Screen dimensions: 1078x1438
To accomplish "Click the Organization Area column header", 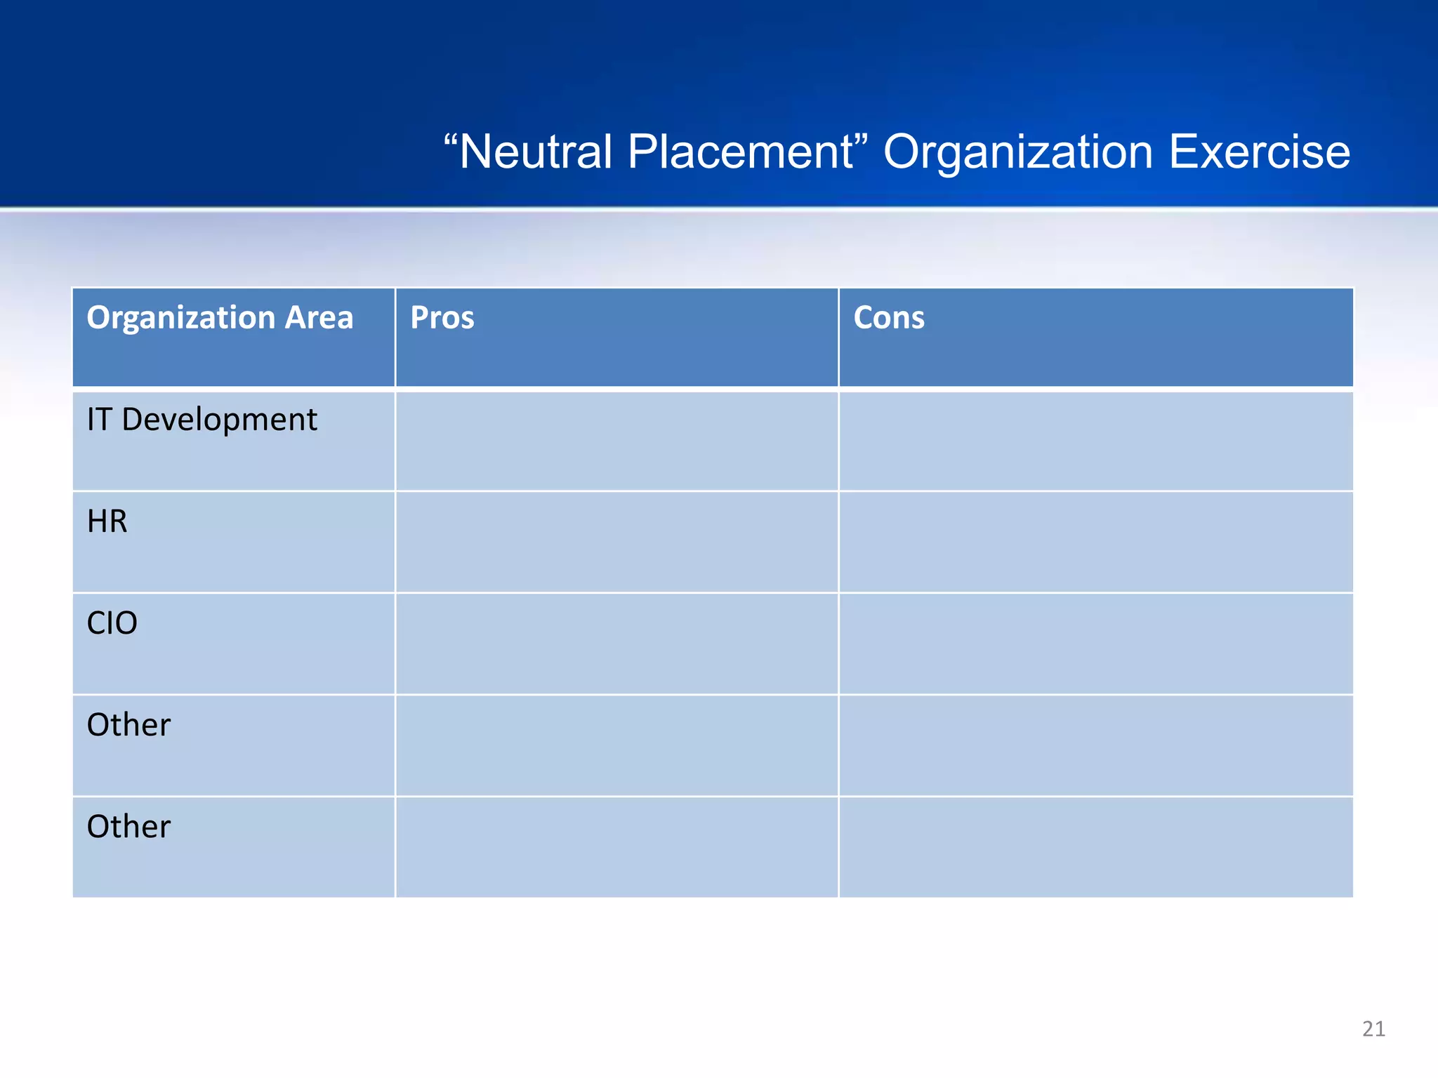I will coord(220,318).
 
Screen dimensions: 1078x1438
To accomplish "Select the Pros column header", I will coord(442,318).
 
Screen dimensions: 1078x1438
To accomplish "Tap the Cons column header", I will coord(889,318).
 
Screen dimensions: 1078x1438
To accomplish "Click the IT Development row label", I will coord(202,420).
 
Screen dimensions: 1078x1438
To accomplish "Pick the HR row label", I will coord(107,521).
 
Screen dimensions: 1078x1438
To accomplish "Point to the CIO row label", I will coord(112,623).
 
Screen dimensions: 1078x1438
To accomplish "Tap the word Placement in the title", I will coord(741,152).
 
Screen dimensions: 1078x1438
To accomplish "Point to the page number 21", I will coord(1373,1029).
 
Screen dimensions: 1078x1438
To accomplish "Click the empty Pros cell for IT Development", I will coord(616,441).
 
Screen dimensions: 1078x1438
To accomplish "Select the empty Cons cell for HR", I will coord(1095,542).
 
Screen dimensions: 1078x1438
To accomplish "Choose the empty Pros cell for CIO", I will coord(616,644).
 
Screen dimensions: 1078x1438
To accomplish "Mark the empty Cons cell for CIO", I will coord(1095,644).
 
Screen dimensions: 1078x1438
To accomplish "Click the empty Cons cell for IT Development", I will coord(1095,441).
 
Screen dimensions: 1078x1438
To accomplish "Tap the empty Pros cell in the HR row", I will coord(616,542).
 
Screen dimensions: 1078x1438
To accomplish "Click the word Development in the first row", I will coord(219,420).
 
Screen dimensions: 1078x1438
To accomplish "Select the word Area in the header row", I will coord(319,318).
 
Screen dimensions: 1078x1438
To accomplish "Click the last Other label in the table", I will coord(128,827).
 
